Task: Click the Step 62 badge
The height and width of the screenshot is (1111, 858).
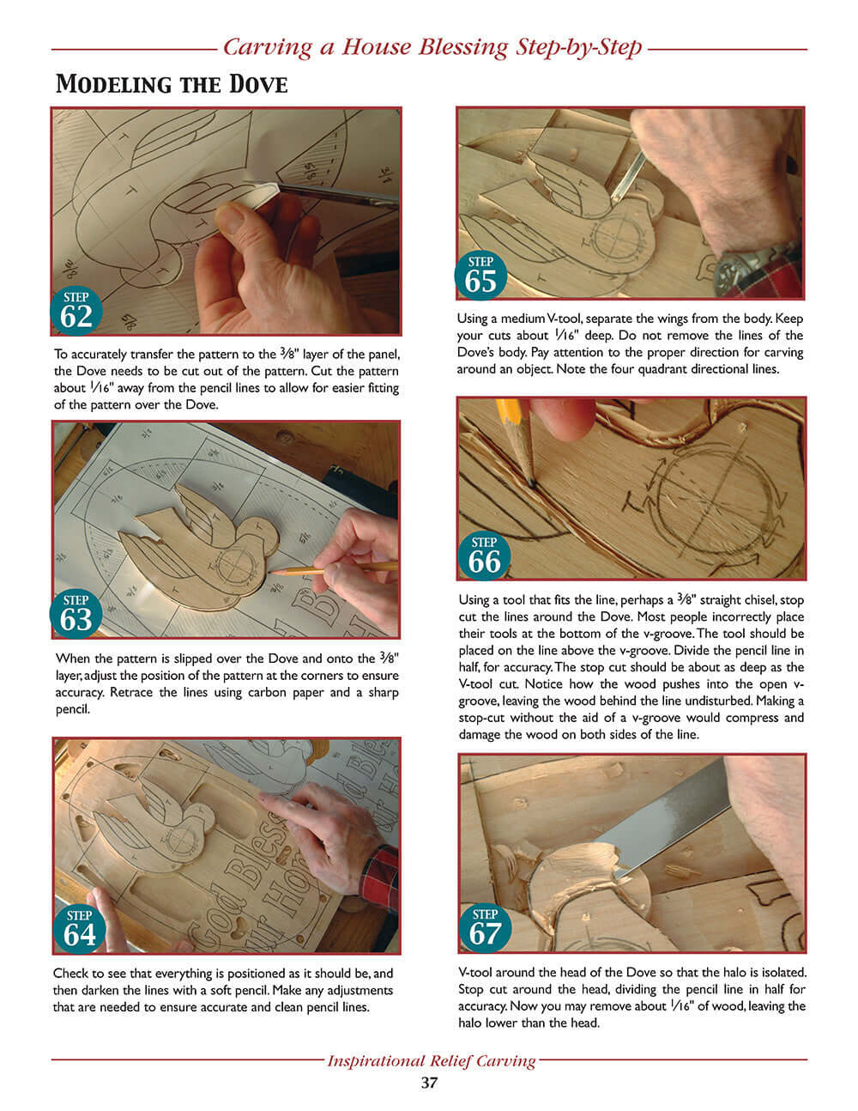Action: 76,311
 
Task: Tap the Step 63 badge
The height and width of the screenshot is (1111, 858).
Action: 76,613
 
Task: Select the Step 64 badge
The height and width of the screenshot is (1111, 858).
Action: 80,928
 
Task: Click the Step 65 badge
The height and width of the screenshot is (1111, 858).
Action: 480,275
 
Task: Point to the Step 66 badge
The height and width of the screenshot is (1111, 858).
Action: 484,555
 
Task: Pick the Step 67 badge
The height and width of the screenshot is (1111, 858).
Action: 485,927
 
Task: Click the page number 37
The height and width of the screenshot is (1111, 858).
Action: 429,1083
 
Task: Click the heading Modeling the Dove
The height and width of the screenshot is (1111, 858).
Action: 172,84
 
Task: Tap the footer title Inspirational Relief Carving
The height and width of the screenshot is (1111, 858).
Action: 431,1060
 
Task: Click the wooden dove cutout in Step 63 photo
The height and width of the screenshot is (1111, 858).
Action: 197,549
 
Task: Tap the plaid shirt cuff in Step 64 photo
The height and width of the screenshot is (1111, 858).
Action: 380,876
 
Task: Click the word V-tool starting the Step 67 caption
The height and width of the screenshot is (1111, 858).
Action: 477,973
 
